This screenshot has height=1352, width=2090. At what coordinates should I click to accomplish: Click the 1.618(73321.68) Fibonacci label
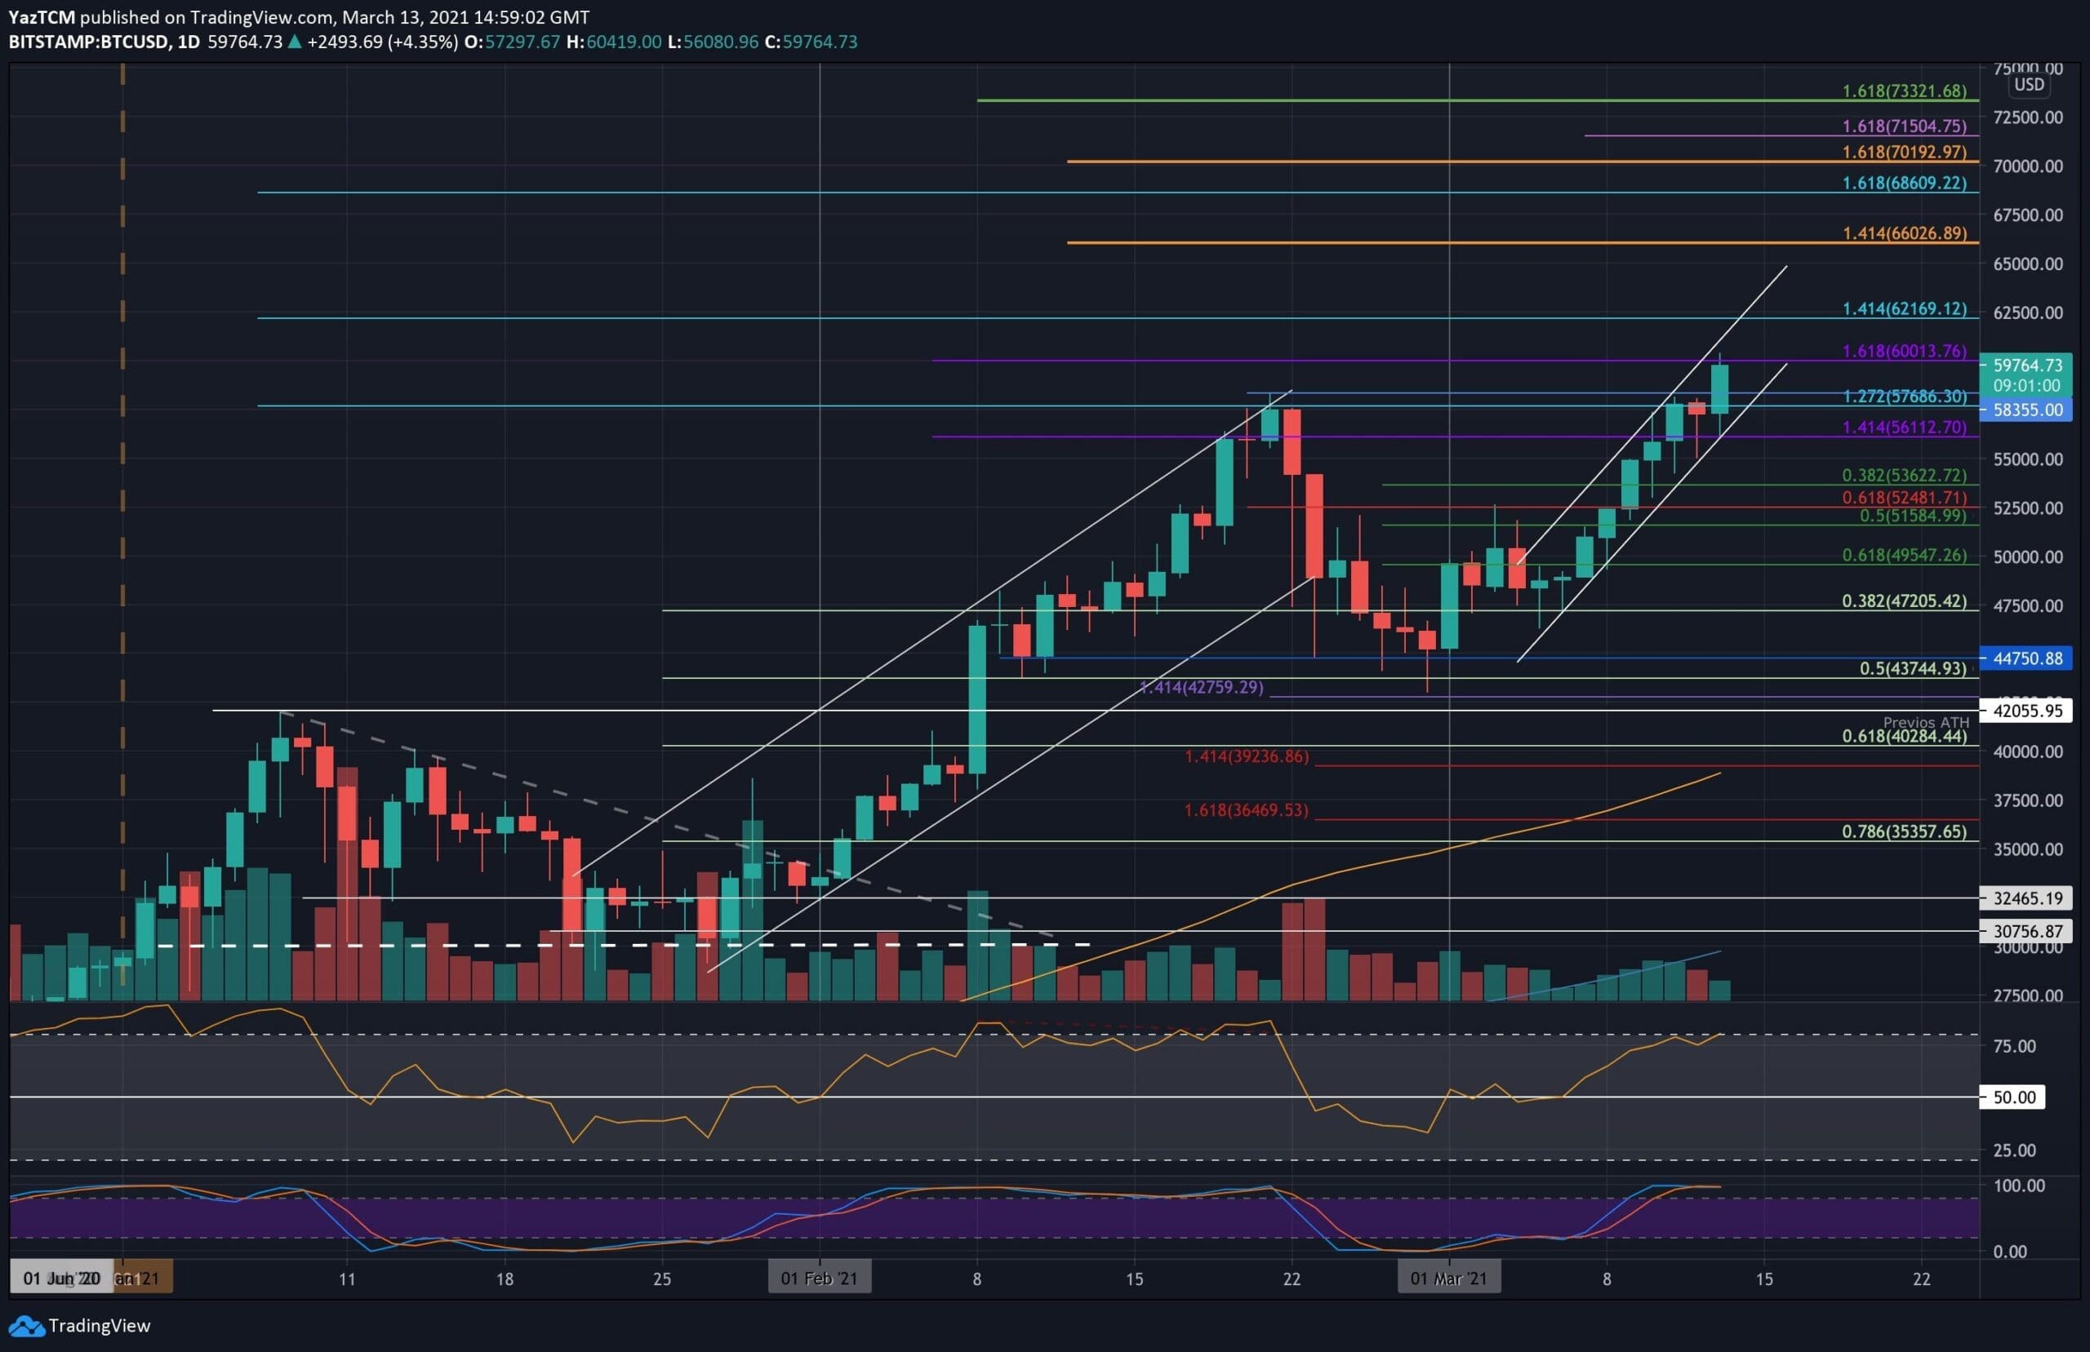pyautogui.click(x=1904, y=91)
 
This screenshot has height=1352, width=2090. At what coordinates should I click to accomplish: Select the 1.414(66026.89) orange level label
pyautogui.click(x=1904, y=233)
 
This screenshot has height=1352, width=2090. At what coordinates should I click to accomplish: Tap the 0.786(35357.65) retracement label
pyautogui.click(x=1904, y=831)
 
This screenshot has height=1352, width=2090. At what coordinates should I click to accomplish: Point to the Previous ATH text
pyautogui.click(x=1926, y=721)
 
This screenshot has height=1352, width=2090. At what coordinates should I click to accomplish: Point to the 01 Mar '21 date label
pyautogui.click(x=1448, y=1279)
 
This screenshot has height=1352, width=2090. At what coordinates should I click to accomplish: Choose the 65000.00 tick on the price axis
pyautogui.click(x=2028, y=264)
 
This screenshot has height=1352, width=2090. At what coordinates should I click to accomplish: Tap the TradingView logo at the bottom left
pyautogui.click(x=79, y=1326)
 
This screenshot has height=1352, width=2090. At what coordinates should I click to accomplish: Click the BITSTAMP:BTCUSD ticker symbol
pyautogui.click(x=89, y=42)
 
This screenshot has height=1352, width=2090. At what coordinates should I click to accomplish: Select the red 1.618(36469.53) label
pyautogui.click(x=1245, y=810)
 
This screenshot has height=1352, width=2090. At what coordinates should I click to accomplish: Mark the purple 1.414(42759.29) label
pyautogui.click(x=1201, y=687)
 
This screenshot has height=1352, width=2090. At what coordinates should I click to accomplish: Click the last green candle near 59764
pyautogui.click(x=1719, y=389)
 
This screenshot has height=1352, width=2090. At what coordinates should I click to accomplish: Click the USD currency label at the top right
pyautogui.click(x=2029, y=84)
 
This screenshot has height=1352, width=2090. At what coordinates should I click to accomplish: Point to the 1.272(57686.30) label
pyautogui.click(x=1904, y=397)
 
